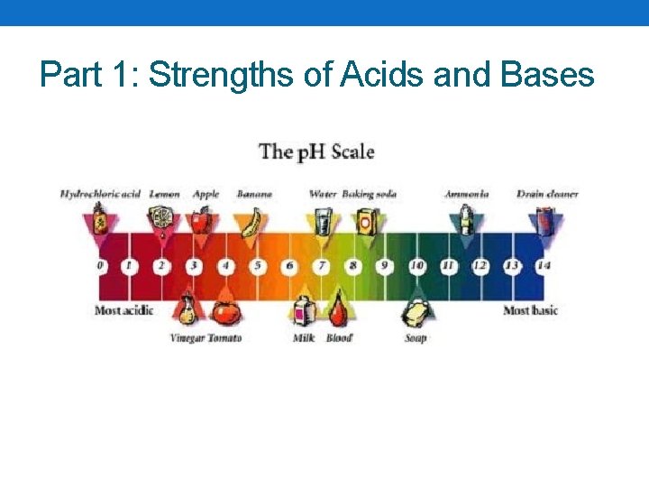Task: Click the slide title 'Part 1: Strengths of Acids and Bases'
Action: [317, 74]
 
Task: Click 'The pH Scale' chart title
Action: [316, 152]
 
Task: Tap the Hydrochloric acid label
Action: [100, 194]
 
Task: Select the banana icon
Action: [253, 220]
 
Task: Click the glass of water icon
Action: [322, 220]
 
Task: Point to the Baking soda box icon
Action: [364, 220]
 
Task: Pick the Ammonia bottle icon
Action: [465, 219]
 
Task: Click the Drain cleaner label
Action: [547, 194]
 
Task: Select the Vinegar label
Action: [187, 338]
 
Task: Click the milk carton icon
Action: [304, 313]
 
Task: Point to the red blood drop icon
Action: [337, 312]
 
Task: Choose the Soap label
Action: [416, 338]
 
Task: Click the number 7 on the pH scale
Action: [321, 266]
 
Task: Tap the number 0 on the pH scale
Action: [100, 266]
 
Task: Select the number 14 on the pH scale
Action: [543, 266]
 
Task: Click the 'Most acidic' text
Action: [123, 310]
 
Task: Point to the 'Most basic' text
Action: [530, 310]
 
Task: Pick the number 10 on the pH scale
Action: [416, 266]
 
